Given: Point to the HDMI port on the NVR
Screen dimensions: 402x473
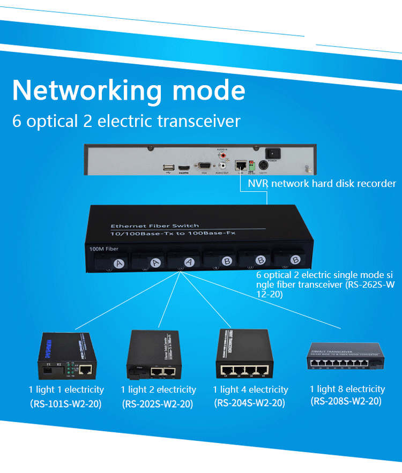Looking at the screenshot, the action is coord(184,168).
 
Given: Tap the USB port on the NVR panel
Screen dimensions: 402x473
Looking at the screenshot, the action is coord(167,168).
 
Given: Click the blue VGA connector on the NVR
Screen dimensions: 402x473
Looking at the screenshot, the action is coord(204,166).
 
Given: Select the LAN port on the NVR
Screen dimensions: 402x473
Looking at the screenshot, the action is coord(241,163).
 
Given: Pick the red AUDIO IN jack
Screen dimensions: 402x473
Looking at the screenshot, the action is coord(222,155).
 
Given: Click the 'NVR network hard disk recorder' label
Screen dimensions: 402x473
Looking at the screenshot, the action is coord(322,184).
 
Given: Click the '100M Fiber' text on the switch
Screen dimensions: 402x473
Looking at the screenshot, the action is coord(102,249).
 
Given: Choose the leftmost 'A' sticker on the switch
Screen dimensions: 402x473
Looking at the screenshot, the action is coord(120,263).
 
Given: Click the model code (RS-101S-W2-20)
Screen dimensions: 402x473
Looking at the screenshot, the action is coord(66,403).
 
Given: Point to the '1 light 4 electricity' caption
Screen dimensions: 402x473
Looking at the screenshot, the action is coord(250,390).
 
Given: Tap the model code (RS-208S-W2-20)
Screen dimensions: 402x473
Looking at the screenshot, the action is coord(346,401).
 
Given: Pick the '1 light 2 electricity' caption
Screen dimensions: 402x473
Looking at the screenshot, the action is coord(158,390).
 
